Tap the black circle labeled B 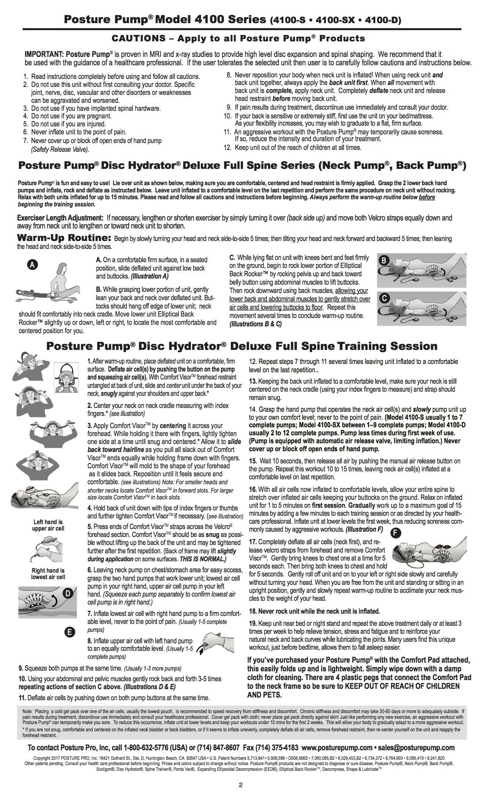tap(385, 260)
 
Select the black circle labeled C tap(385, 298)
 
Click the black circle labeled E tap(69, 632)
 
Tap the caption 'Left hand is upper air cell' tap(48, 525)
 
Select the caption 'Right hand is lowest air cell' tap(48, 574)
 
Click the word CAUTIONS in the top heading tap(139, 38)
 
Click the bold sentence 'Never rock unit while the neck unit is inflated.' tap(314, 611)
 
